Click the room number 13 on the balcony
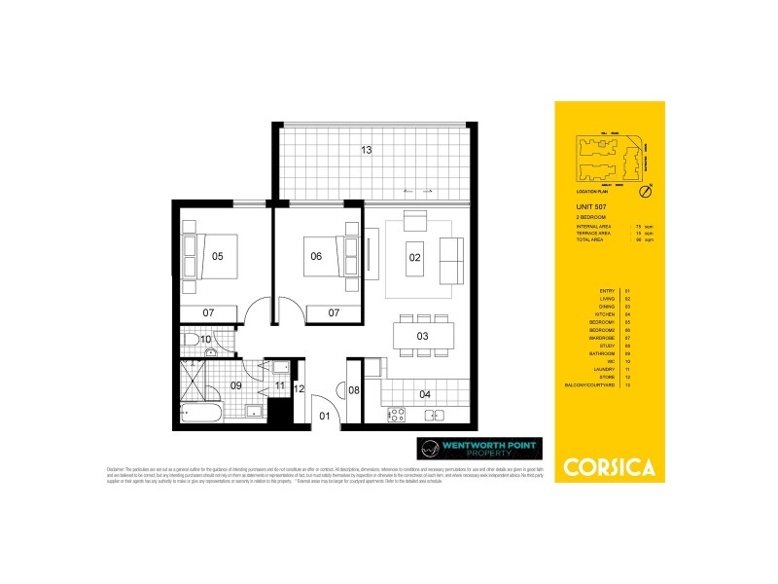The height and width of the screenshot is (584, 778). click(x=366, y=150)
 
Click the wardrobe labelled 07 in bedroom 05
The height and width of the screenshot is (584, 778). click(x=209, y=312)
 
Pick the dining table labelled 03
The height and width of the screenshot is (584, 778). click(x=423, y=336)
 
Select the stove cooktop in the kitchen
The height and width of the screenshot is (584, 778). click(x=397, y=415)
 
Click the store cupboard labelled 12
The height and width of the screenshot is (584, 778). click(x=300, y=389)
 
